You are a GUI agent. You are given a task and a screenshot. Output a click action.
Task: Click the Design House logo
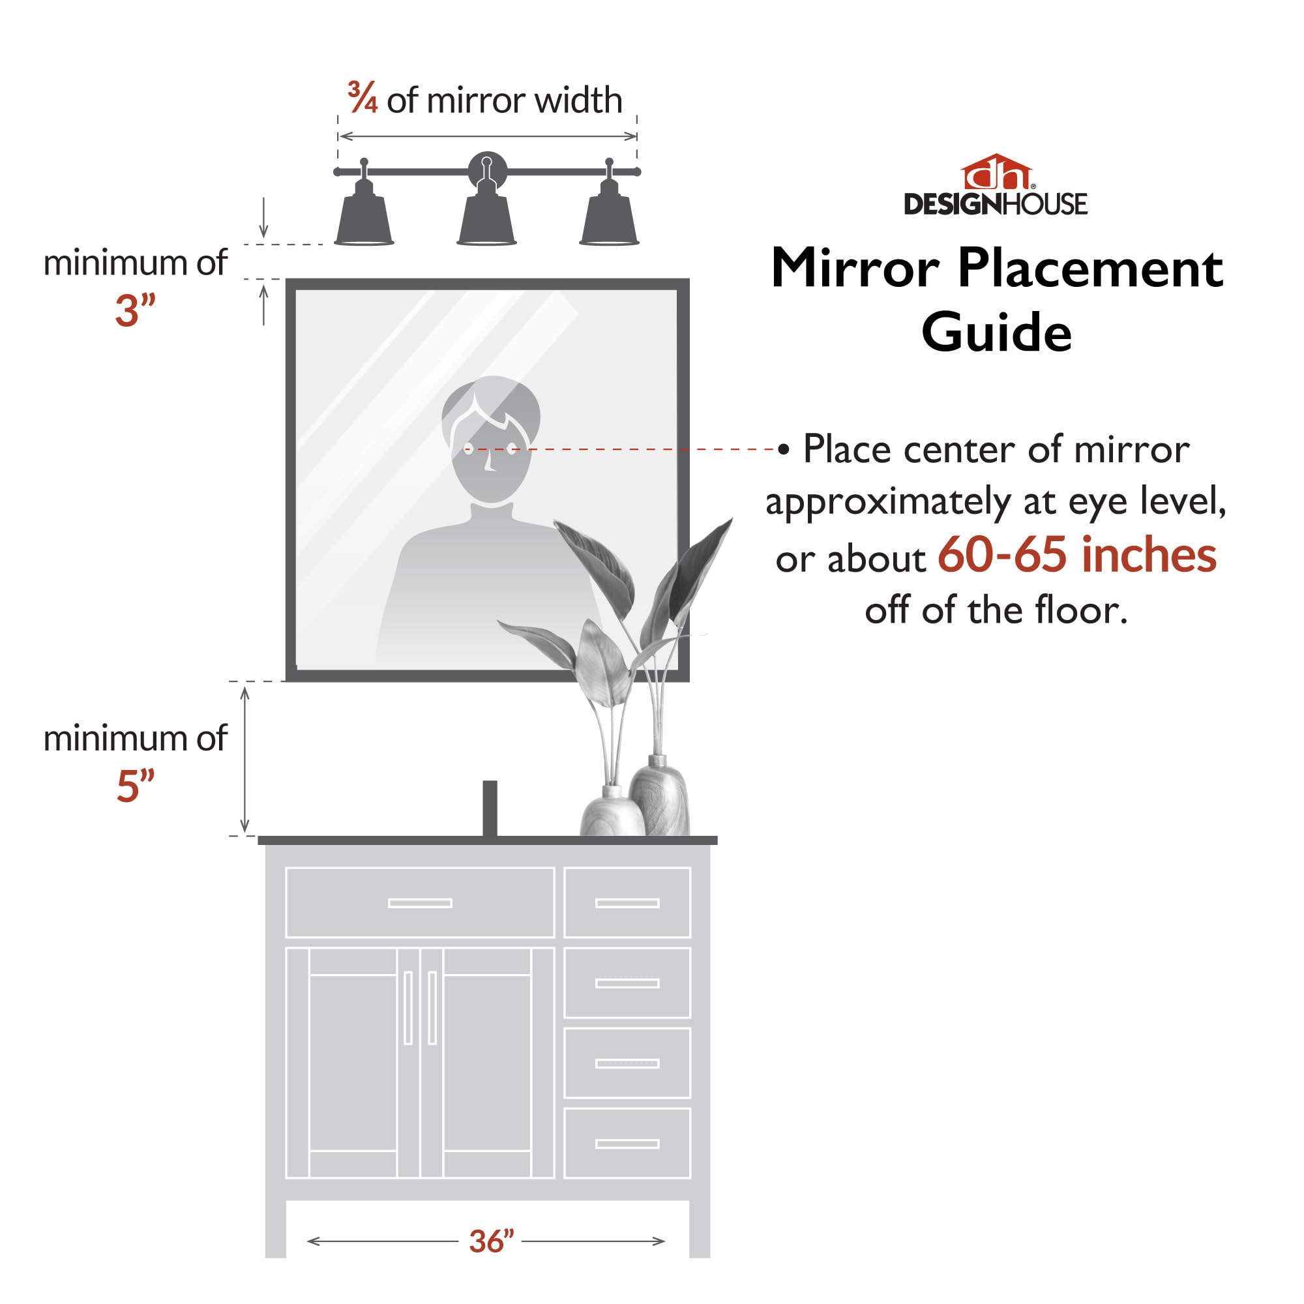(x=996, y=186)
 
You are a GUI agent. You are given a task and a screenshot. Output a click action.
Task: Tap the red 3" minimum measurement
(x=135, y=311)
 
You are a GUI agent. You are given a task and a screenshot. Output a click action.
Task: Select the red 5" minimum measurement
(x=136, y=786)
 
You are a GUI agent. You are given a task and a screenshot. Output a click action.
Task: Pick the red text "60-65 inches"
(x=1076, y=556)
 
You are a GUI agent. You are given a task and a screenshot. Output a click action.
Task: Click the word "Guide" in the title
(x=996, y=332)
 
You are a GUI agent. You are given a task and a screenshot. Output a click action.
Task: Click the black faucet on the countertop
(x=490, y=807)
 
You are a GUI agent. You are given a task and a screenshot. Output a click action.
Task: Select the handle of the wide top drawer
(x=420, y=903)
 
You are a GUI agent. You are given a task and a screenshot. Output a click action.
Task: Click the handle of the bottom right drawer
(x=627, y=1144)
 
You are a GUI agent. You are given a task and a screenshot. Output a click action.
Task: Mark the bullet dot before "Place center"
(x=783, y=449)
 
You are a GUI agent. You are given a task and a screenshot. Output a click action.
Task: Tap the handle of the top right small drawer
(x=627, y=903)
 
